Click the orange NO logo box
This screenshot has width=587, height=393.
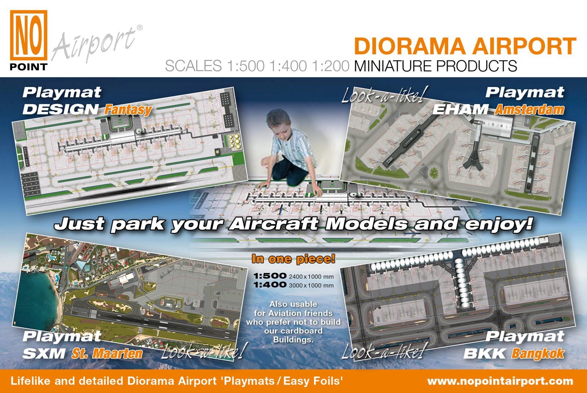pos(29,35)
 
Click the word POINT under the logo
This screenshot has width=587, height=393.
pos(29,67)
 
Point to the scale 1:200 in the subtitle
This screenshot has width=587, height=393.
pos(331,66)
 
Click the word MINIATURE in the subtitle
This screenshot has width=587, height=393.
pos(393,66)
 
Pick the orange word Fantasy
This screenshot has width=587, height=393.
pos(128,110)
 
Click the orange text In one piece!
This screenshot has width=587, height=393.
pos(293,259)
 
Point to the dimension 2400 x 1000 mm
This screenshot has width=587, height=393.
pos(311,277)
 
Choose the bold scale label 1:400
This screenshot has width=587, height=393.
pos(270,285)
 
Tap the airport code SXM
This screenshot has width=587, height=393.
pos(44,353)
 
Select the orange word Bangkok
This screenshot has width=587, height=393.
pos(537,353)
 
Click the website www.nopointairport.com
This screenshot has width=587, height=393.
pos(500,381)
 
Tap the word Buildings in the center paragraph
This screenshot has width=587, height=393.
pos(293,340)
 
